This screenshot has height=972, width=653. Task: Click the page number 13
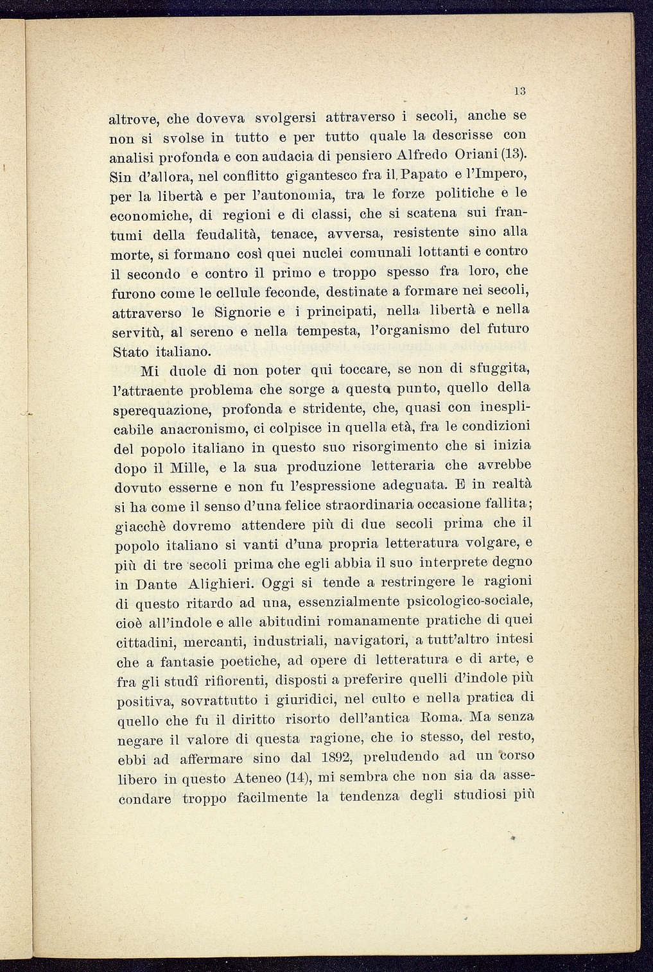tap(520, 91)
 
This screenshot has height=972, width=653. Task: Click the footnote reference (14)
tap(297, 778)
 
